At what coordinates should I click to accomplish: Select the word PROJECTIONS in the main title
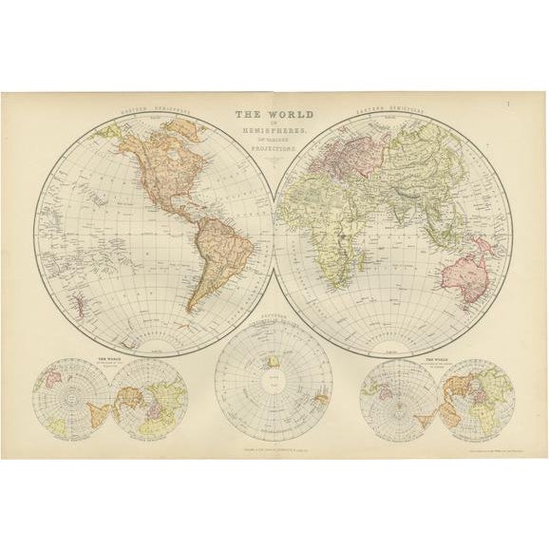click(274, 149)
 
